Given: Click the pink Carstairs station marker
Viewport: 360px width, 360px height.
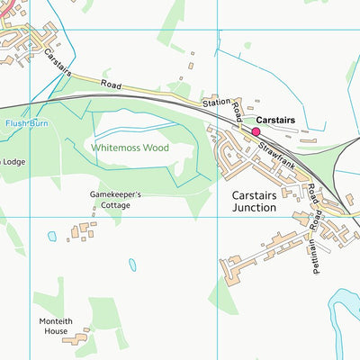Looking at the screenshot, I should pyautogui.click(x=243, y=131).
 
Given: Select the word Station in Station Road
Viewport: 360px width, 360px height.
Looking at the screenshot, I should pyautogui.click(x=216, y=104).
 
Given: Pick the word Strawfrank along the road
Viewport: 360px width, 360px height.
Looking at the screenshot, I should pyautogui.click(x=275, y=150).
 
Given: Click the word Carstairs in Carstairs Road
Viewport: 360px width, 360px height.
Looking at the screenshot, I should pyautogui.click(x=59, y=62).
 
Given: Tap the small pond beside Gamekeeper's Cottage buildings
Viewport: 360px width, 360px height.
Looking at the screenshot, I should pyautogui.click(x=52, y=237).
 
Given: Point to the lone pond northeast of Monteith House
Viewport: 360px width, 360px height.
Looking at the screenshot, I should pyautogui.click(x=133, y=265).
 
